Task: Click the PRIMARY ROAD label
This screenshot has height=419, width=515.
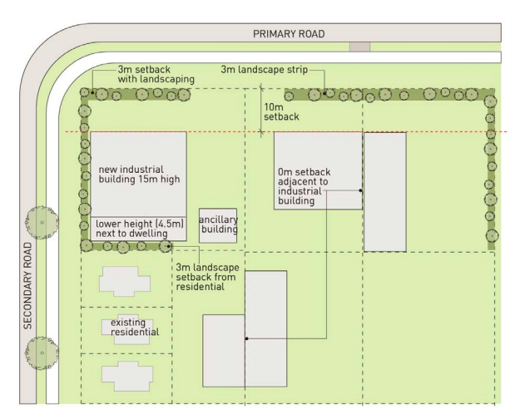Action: (289, 34)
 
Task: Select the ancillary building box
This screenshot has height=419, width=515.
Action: (217, 225)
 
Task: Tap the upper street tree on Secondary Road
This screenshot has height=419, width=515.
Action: (42, 220)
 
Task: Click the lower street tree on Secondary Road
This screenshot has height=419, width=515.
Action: (42, 352)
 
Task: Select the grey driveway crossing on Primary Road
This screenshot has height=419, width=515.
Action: (359, 47)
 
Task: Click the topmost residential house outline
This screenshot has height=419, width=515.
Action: (124, 281)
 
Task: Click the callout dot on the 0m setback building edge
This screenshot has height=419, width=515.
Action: (360, 190)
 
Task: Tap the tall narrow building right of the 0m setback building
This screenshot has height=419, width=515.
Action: (384, 191)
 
